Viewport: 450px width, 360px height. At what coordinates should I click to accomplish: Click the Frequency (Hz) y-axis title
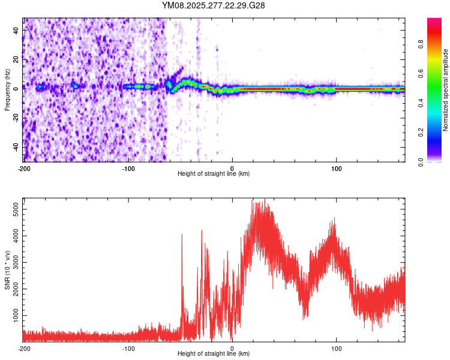click(7, 90)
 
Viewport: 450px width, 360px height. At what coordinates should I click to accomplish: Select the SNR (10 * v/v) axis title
click(7, 269)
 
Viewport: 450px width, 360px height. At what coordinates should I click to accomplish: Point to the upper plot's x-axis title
click(214, 174)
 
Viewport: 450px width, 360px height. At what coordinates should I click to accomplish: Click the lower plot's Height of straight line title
click(214, 354)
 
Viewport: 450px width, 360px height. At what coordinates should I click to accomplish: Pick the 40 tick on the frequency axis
click(16, 30)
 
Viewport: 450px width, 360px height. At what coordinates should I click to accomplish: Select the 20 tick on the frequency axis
click(16, 59)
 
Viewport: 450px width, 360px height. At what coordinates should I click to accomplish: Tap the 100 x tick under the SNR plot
click(337, 348)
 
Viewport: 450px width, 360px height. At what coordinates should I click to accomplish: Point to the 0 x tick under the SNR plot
click(232, 348)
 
